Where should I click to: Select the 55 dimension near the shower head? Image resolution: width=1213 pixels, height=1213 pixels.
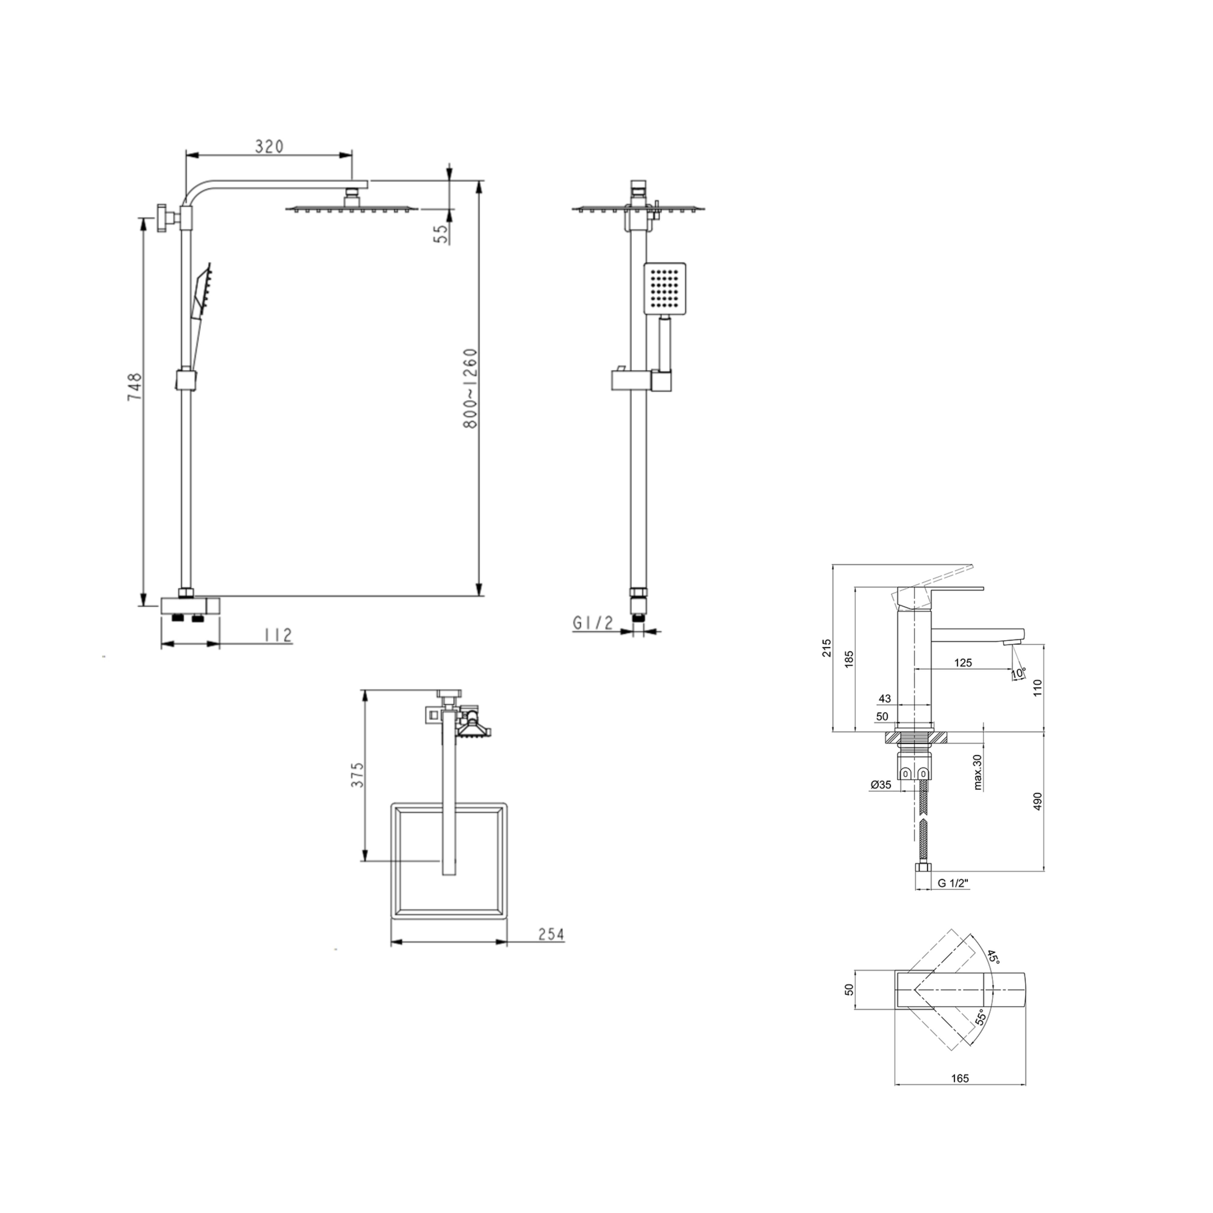[x=442, y=234]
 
